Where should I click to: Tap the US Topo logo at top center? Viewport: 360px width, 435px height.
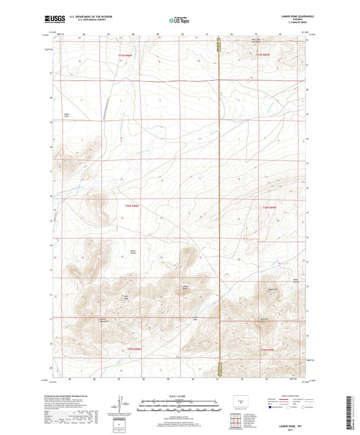(179, 21)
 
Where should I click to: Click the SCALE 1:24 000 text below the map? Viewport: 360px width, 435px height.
(179, 396)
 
